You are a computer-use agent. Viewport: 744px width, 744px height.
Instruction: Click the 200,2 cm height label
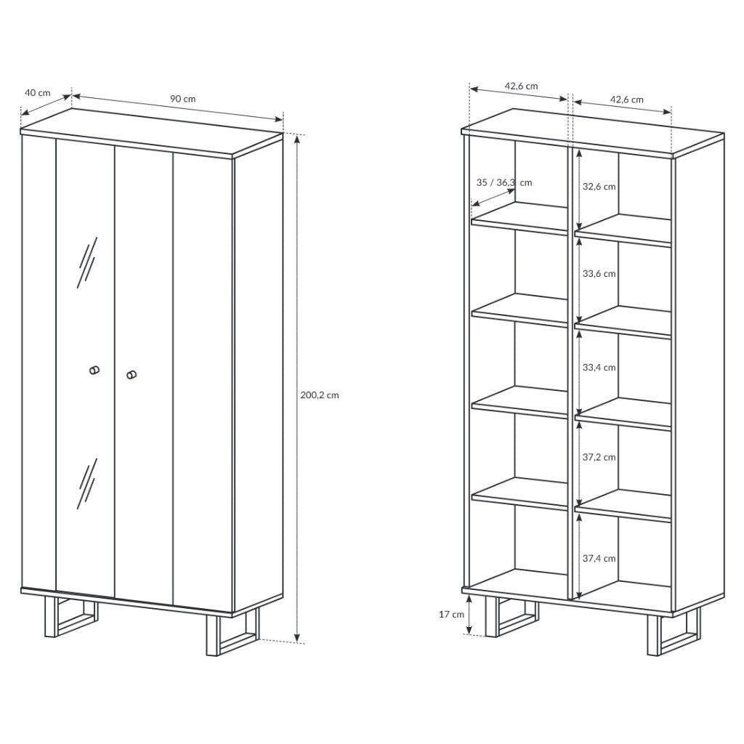pos(320,395)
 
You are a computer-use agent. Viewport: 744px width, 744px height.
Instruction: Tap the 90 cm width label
pos(182,99)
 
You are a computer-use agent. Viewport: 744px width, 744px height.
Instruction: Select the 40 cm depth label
pos(38,92)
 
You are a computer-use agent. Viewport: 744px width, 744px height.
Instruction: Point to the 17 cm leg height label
pos(451,615)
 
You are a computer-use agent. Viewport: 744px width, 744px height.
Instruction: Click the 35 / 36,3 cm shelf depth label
pos(504,182)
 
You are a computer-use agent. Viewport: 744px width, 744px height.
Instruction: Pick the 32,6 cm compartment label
pos(599,187)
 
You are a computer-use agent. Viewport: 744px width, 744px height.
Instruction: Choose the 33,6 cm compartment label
pos(599,274)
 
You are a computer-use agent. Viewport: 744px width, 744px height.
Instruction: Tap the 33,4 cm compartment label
pos(599,368)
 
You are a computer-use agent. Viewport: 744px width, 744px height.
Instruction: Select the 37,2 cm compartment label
pos(599,458)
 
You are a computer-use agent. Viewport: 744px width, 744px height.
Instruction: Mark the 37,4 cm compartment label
pos(599,559)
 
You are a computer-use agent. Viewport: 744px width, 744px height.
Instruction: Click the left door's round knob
pos(94,370)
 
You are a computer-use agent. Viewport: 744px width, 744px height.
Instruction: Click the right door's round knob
pos(132,375)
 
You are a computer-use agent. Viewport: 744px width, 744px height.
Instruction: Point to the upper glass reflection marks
pos(87,262)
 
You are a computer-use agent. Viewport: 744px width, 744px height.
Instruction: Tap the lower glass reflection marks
pos(87,483)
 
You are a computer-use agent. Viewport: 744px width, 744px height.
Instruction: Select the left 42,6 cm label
pos(521,86)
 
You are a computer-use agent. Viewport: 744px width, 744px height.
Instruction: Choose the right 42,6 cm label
pos(626,100)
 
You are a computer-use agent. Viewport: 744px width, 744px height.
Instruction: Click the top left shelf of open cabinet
pos(520,219)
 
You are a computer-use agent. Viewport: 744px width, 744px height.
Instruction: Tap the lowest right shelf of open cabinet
pos(623,506)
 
